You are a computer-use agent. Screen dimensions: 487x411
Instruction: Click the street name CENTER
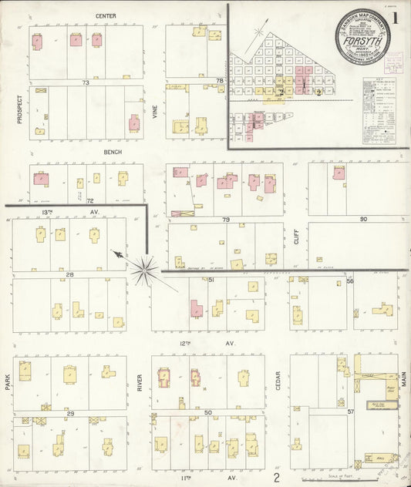(106, 15)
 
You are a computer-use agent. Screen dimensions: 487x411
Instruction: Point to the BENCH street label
(113, 153)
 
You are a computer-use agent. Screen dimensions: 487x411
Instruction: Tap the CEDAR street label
(278, 379)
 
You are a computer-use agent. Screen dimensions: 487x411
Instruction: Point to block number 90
(362, 220)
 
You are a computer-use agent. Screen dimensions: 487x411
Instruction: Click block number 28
(69, 274)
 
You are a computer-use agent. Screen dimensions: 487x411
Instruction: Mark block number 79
(226, 220)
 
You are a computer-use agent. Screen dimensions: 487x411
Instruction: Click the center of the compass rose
(143, 270)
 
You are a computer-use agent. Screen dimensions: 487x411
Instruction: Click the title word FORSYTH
(361, 44)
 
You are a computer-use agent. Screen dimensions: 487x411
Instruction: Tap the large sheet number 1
(396, 17)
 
